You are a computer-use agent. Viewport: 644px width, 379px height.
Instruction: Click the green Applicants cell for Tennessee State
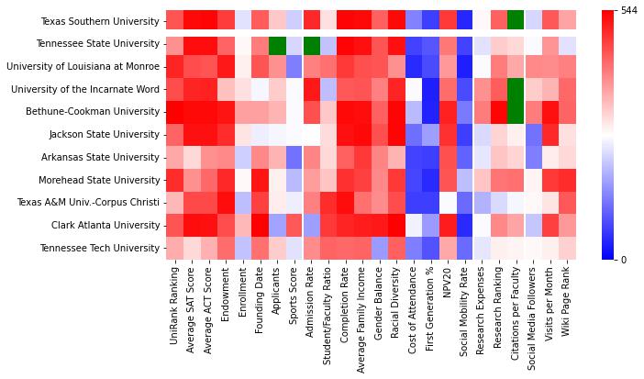tap(276, 44)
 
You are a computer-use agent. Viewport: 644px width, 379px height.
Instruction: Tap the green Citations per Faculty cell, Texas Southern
tap(516, 21)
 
